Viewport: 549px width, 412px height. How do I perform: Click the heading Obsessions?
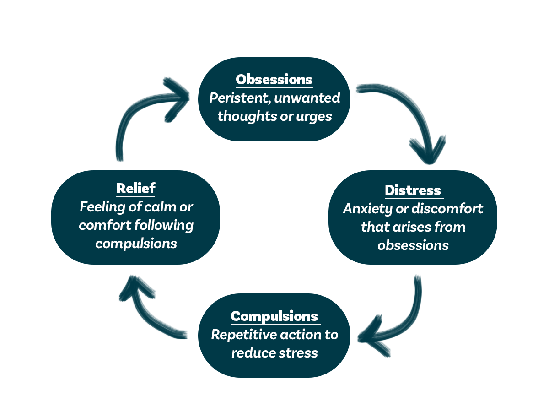point(274,79)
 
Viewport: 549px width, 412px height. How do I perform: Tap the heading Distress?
point(413,190)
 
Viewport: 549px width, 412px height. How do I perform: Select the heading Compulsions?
point(274,316)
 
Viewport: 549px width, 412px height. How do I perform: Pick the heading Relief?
point(136,188)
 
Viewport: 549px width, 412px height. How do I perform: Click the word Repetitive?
point(242,335)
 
